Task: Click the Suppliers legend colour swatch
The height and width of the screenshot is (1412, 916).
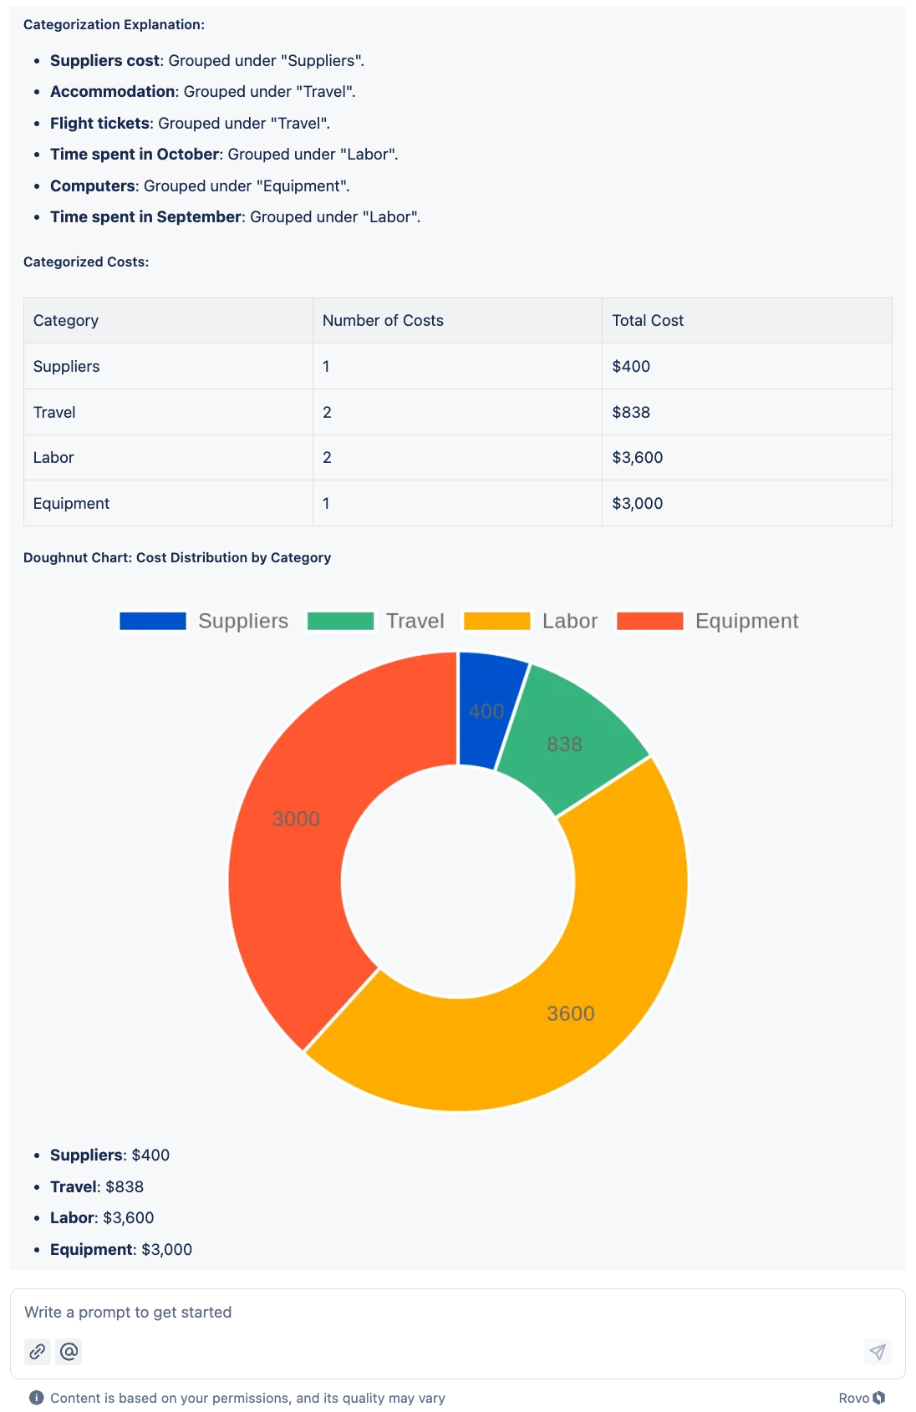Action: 153,621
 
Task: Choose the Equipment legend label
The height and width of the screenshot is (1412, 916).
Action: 746,621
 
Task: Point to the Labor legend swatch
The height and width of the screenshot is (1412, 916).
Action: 497,621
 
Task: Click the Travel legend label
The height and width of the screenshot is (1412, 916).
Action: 415,621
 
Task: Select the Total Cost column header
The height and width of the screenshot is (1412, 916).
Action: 648,321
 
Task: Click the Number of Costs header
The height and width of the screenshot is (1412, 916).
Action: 383,321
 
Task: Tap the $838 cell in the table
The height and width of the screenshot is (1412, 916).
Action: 631,412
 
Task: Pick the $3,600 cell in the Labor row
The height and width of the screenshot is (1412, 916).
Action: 637,458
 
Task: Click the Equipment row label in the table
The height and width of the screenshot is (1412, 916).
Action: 71,504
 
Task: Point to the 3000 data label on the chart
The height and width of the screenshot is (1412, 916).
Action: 296,819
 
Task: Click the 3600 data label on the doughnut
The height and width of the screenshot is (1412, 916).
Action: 571,1013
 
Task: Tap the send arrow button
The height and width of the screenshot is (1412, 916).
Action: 877,1351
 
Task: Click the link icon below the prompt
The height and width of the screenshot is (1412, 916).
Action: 38,1351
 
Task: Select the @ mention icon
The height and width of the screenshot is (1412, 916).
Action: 69,1351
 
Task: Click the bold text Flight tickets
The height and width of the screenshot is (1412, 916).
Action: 99,124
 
